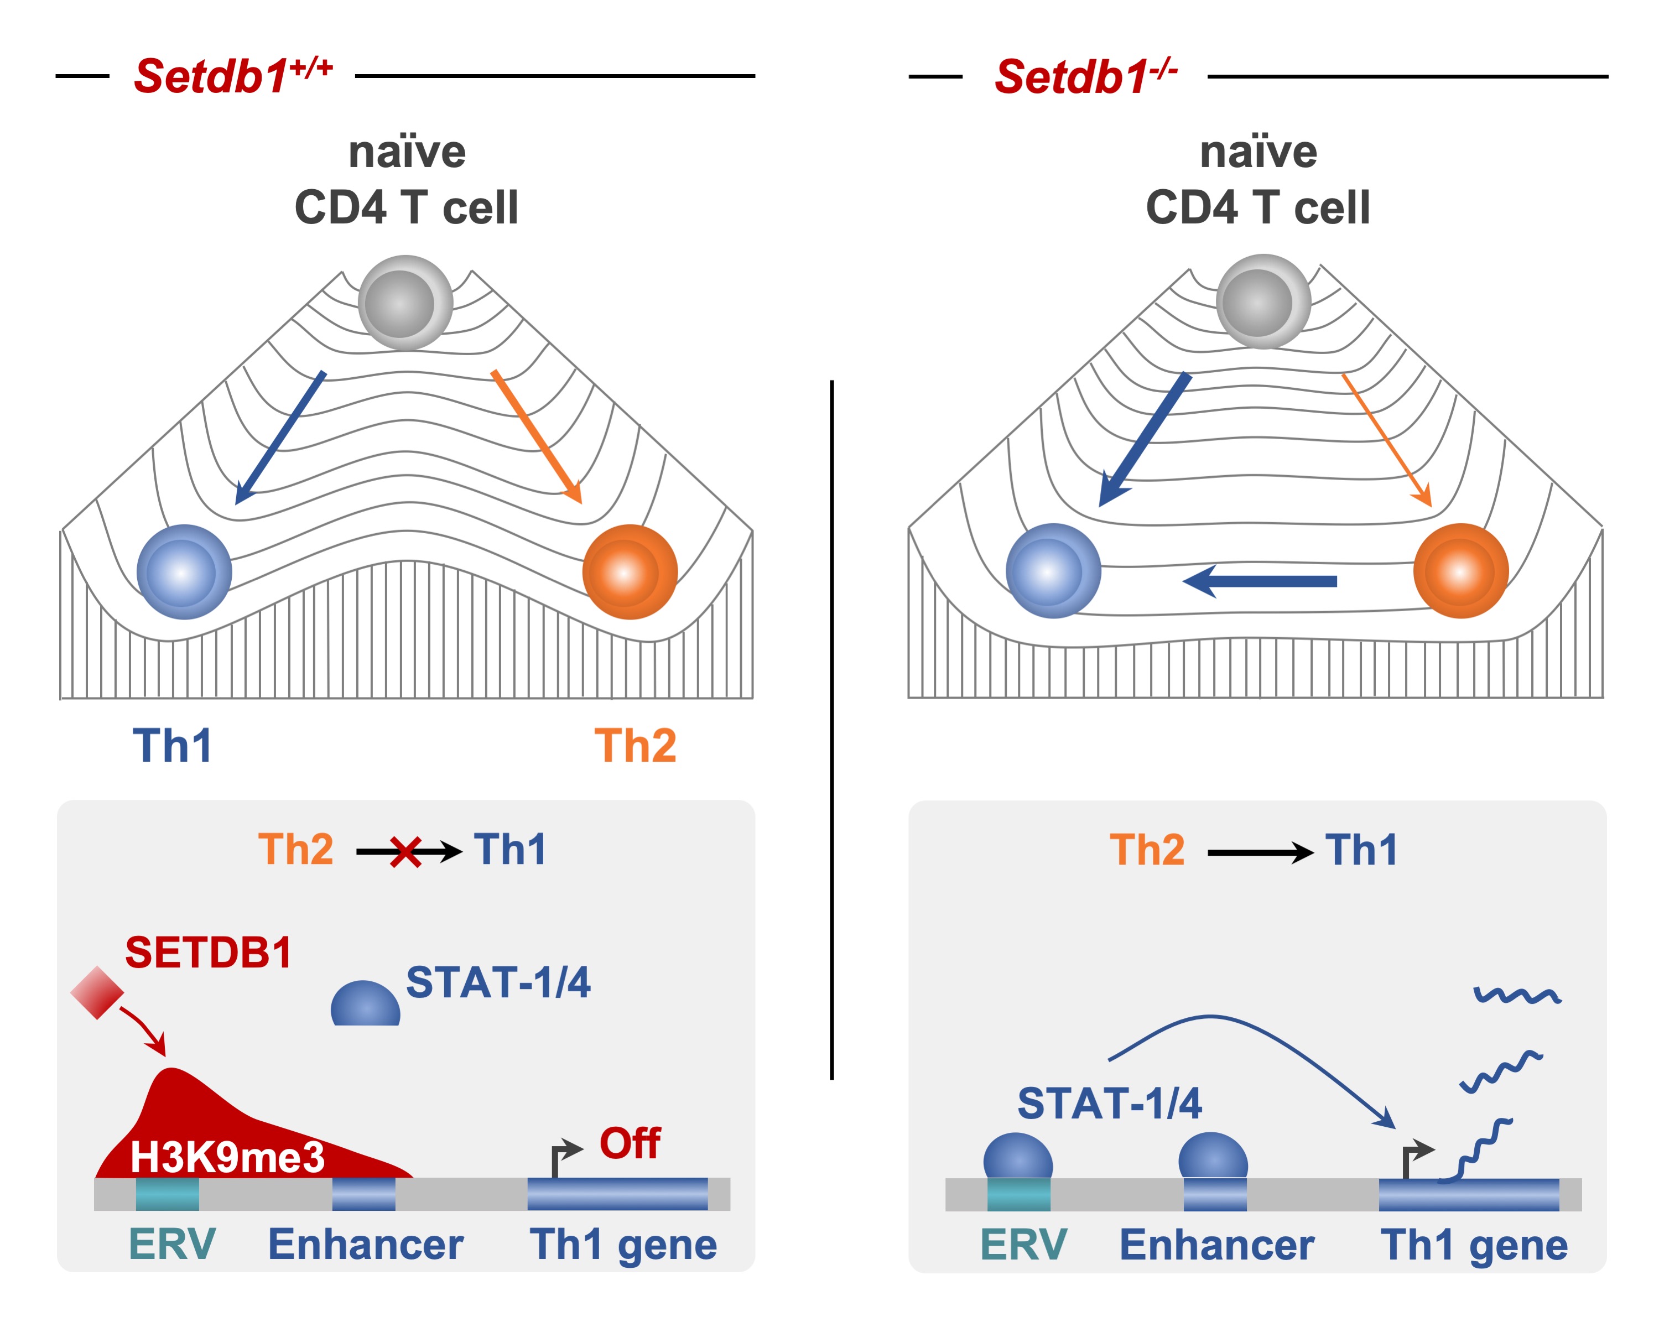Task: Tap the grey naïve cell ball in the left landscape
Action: [405, 303]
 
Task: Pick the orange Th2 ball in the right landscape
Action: [1460, 571]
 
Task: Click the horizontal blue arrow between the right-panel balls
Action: [1259, 581]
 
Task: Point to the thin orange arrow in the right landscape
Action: [1387, 440]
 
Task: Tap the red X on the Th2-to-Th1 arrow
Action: [405, 852]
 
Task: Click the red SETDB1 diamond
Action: [97, 992]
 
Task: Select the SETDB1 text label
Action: [209, 953]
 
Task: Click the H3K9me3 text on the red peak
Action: [228, 1156]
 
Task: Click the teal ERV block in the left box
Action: [168, 1193]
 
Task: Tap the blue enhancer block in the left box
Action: [364, 1193]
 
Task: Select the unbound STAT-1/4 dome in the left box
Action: [366, 1003]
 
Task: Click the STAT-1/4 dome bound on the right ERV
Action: [1018, 1156]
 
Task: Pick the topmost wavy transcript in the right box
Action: [1517, 996]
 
